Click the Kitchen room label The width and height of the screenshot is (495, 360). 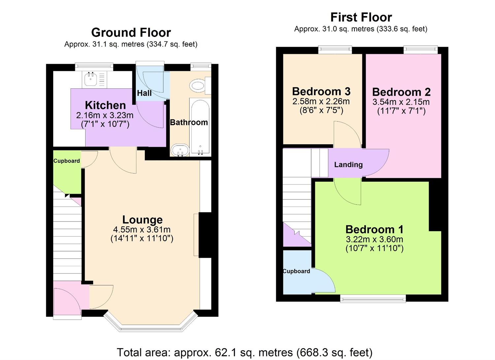(105, 105)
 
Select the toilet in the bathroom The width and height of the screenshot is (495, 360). (198, 86)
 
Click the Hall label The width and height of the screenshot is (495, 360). (144, 93)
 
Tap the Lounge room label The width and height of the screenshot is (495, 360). (142, 220)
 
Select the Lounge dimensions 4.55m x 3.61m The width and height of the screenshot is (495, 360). (142, 230)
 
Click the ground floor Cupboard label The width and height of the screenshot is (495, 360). (67, 161)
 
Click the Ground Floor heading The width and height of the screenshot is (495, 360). (131, 33)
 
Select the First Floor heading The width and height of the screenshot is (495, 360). (361, 17)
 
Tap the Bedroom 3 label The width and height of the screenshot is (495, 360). (321, 91)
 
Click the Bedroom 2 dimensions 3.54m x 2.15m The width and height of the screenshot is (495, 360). (401, 102)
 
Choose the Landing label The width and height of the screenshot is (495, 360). (348, 165)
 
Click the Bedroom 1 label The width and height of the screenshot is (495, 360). (374, 229)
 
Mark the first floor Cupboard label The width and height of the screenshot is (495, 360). (296, 271)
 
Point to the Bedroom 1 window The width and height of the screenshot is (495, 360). (373, 299)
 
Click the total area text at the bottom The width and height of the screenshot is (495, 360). (245, 352)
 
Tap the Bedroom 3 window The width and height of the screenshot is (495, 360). (335, 50)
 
